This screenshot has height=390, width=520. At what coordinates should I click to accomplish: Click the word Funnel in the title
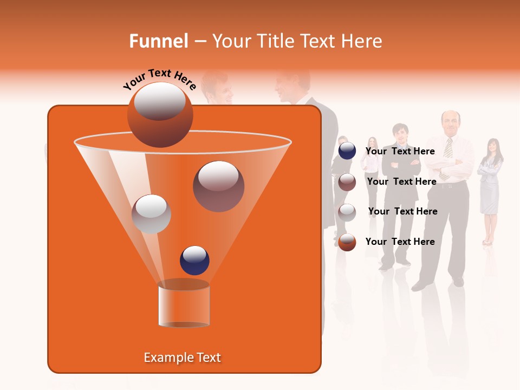158,41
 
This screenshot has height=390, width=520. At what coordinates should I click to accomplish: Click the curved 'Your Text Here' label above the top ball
159,79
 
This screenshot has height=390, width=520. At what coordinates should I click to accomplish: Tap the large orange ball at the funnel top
160,115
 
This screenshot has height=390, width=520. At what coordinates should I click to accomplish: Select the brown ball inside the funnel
219,186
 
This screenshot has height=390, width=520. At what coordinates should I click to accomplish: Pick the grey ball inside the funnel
151,214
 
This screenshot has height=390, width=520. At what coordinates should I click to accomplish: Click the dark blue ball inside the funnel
195,260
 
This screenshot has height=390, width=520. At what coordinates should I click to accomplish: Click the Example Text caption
183,357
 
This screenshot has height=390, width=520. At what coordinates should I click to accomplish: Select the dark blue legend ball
347,151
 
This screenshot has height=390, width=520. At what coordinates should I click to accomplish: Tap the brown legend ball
347,182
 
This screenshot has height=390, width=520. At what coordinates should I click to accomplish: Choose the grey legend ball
347,212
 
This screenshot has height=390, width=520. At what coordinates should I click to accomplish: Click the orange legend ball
347,242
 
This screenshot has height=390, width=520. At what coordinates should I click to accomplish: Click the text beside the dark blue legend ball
400,151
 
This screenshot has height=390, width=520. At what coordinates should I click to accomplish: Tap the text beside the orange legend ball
400,242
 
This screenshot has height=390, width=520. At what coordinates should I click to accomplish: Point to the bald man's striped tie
448,154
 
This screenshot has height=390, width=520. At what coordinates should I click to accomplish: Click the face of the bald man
450,122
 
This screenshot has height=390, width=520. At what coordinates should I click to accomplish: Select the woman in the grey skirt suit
490,184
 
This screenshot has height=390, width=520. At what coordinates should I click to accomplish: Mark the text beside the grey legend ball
403,211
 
